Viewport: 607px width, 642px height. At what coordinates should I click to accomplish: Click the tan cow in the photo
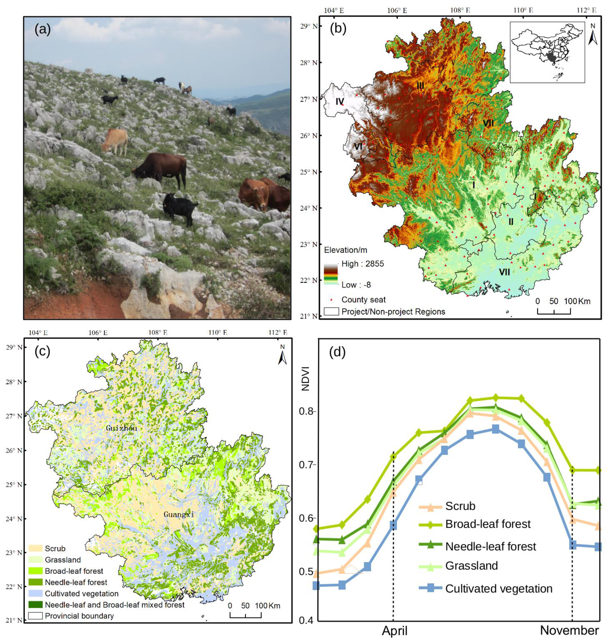coord(115,141)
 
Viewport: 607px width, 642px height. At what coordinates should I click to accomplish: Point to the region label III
coord(420,86)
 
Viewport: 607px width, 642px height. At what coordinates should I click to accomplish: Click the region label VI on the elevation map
coord(358,147)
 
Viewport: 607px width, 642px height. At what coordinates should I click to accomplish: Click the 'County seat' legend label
coord(363,300)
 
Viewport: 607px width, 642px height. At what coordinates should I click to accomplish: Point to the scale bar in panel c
coord(246,614)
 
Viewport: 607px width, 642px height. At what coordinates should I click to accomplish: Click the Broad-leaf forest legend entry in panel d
coord(488,524)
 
